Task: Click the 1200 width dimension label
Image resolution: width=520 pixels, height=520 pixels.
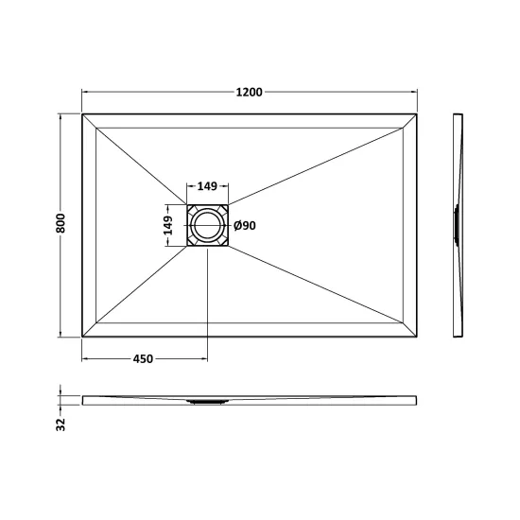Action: tap(249, 92)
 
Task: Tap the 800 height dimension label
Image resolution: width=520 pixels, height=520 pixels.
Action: tap(61, 223)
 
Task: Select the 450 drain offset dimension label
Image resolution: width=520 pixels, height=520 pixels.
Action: tap(143, 359)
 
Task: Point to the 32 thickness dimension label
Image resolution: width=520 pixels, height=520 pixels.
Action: tap(61, 425)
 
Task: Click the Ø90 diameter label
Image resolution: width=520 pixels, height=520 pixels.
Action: tap(245, 226)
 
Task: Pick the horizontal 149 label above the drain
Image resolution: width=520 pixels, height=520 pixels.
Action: tap(207, 186)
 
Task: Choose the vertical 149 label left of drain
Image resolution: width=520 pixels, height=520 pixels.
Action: tap(168, 225)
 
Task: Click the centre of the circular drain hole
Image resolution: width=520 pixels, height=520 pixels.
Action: tap(207, 226)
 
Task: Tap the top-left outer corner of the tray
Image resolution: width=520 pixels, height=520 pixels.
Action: tap(82, 114)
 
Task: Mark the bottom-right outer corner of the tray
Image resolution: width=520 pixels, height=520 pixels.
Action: tap(417, 337)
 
